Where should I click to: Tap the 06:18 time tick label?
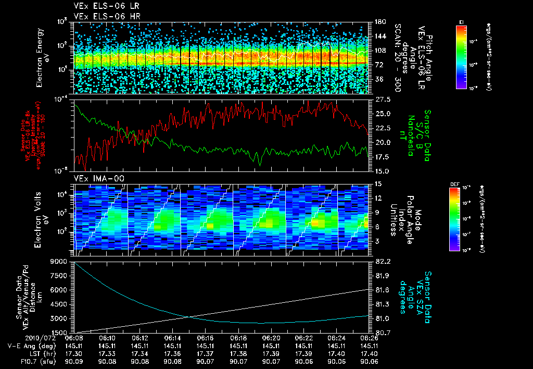tap(238, 338)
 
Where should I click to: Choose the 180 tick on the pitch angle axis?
tap(379, 21)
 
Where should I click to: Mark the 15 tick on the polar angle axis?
tap(378, 183)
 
